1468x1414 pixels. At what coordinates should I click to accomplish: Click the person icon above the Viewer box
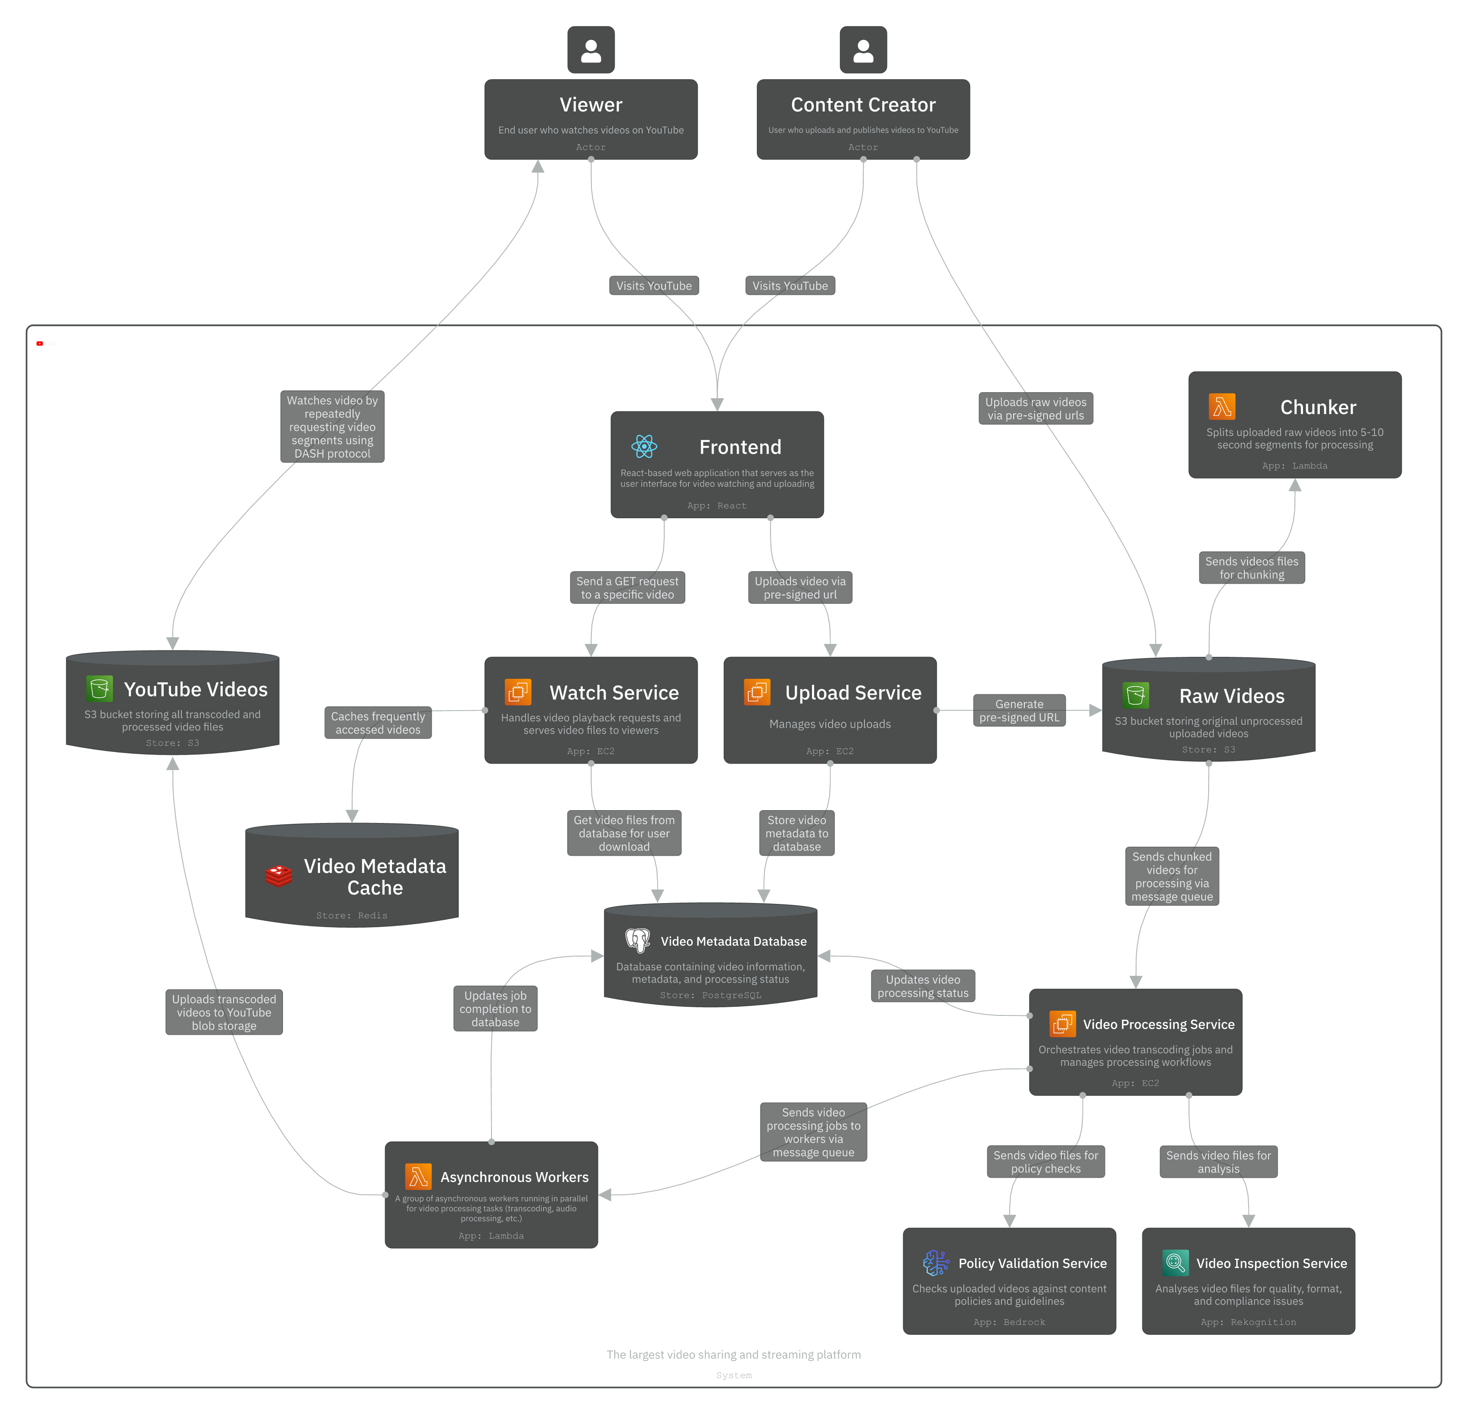tap(591, 50)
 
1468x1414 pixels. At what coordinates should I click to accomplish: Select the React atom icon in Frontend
tap(644, 447)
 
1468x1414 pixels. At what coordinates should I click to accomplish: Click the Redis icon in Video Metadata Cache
tap(279, 876)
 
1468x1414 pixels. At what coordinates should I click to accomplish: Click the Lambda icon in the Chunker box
tap(1222, 406)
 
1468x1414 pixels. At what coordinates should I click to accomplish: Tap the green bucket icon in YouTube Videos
tap(100, 689)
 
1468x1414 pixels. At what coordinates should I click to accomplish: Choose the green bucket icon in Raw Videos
tap(1135, 696)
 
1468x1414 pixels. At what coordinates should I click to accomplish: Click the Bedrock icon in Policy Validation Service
tap(936, 1263)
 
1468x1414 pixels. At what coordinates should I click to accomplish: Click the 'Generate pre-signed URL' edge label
tap(1019, 710)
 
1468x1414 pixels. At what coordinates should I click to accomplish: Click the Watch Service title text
tap(614, 693)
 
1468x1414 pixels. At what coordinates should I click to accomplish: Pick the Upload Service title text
tap(853, 693)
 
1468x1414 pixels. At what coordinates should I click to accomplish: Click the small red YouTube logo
tap(40, 343)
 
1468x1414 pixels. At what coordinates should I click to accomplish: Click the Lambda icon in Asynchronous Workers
tap(418, 1177)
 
